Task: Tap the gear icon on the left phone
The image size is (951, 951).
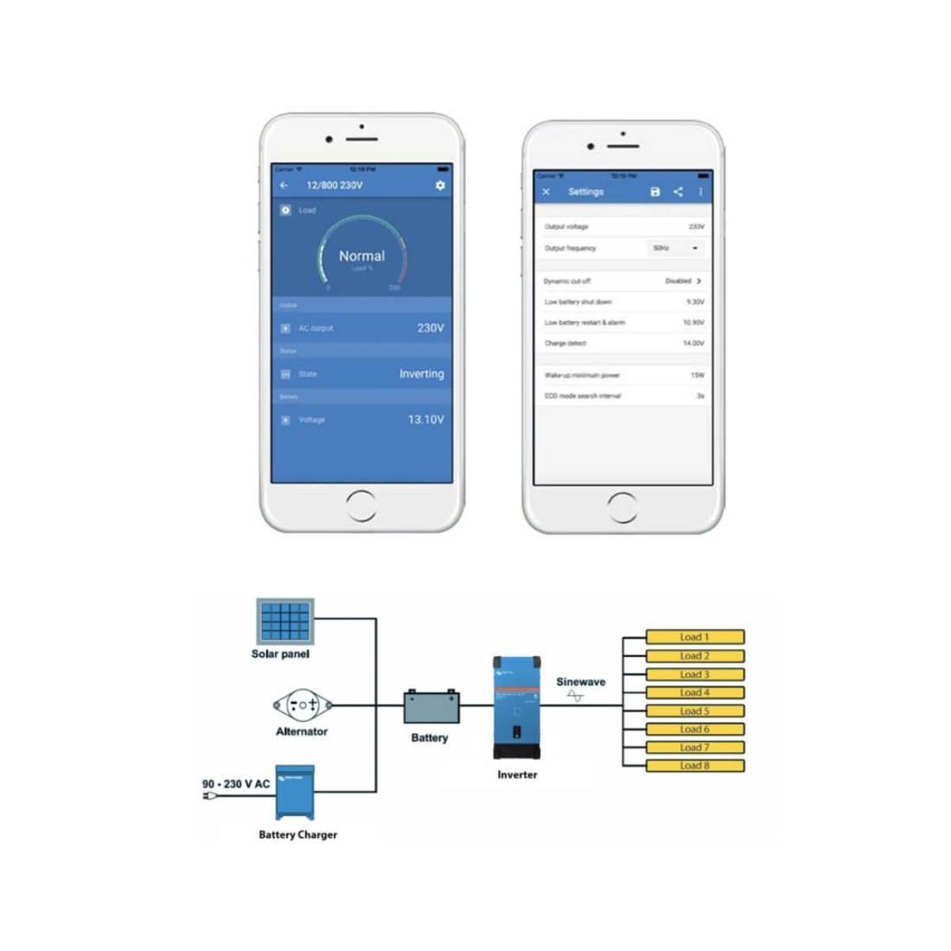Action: point(440,185)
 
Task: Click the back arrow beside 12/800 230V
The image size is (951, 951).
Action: point(285,185)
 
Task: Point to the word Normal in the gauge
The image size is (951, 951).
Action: point(361,256)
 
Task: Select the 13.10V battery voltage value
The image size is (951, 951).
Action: point(426,419)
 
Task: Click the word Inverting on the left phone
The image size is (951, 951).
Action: point(421,374)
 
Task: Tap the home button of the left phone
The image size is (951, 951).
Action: point(361,506)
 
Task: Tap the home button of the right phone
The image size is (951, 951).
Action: point(622,507)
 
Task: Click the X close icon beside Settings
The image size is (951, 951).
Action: point(546,192)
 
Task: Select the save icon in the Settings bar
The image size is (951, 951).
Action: point(655,192)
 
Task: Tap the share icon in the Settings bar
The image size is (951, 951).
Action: point(678,192)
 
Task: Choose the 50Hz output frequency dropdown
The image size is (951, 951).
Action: point(676,248)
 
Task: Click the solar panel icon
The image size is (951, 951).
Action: point(285,621)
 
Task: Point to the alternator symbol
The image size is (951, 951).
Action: point(302,705)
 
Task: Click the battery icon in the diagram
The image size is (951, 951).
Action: point(431,707)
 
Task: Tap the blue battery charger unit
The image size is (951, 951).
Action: point(295,792)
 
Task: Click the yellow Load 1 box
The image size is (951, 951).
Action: point(695,637)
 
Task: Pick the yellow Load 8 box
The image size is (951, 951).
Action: point(695,766)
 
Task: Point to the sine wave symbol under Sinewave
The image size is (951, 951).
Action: point(575,696)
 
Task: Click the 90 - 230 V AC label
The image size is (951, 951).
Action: point(236,784)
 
